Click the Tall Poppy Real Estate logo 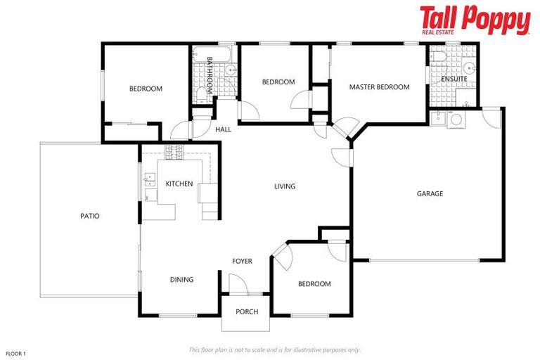(475, 20)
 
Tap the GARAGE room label (430, 193)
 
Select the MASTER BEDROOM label (379, 87)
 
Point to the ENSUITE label (454, 79)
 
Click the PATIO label (89, 216)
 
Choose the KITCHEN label (179, 184)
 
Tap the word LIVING (285, 186)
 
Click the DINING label (181, 280)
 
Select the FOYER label (242, 262)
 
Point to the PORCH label (247, 311)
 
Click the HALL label (223, 129)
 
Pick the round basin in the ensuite (468, 68)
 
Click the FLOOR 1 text (15, 353)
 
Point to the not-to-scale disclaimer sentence (275, 349)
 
